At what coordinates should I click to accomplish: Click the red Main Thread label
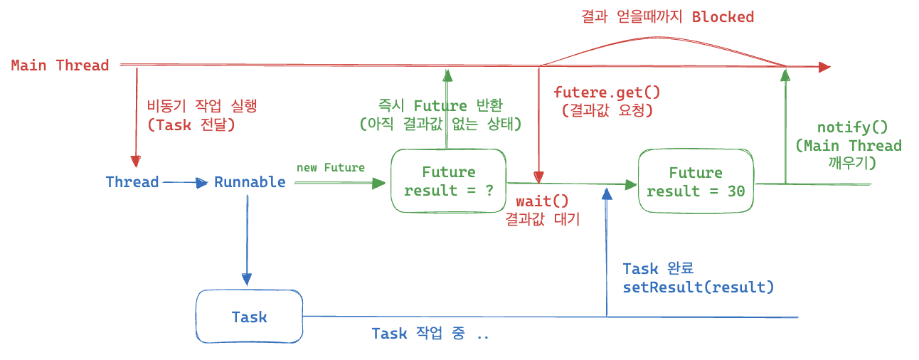60,65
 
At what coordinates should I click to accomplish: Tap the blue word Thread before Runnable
132,182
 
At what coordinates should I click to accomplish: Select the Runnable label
250,182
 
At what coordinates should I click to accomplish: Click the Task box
249,317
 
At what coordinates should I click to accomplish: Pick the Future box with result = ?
448,181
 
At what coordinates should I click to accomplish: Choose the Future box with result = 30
696,182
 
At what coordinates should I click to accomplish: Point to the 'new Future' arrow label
330,168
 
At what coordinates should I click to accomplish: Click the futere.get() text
607,92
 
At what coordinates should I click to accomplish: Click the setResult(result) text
698,287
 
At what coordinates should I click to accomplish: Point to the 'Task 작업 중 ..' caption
430,334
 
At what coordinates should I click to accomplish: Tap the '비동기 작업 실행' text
201,106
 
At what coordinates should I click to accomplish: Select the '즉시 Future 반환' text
440,106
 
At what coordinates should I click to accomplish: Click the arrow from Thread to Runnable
184,182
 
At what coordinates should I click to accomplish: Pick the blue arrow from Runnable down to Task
247,235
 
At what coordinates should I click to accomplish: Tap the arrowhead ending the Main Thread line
824,67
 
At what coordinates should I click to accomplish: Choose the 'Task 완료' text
658,269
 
